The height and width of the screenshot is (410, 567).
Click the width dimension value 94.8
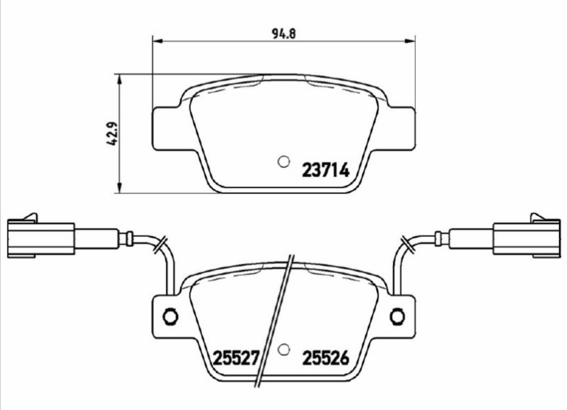click(x=284, y=33)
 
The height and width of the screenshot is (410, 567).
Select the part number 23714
click(x=327, y=169)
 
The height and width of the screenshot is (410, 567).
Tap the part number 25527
click(x=235, y=357)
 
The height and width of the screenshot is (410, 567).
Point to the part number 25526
click(x=327, y=357)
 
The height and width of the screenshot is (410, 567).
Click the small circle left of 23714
click(x=284, y=162)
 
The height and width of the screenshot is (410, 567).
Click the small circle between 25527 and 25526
click(x=284, y=350)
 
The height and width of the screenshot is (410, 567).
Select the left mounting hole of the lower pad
click(x=168, y=316)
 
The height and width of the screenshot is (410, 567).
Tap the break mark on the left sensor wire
click(x=160, y=243)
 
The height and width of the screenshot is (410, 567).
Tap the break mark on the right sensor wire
click(x=405, y=243)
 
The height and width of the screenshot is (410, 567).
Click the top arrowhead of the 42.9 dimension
click(x=119, y=78)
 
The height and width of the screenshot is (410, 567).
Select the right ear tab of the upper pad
click(x=401, y=129)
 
